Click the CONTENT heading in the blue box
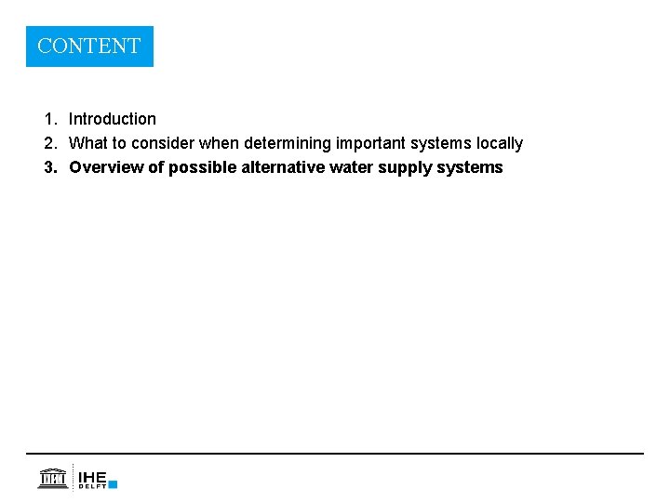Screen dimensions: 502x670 point(89,46)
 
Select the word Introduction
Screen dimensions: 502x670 point(113,119)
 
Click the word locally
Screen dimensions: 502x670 point(500,143)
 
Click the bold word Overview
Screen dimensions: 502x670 point(106,167)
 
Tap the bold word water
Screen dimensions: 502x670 point(354,167)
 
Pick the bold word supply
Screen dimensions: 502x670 point(405,167)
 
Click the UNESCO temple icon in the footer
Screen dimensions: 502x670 point(52,478)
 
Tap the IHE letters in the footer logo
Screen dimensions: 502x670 point(92,476)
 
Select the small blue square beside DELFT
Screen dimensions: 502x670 point(113,484)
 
